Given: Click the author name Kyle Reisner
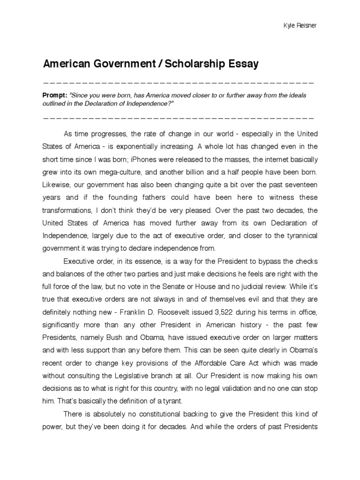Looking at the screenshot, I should (300, 25).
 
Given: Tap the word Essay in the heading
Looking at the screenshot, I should (243, 64).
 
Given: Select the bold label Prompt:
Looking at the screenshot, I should (55, 95).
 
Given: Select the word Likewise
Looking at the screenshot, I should (56, 183).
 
